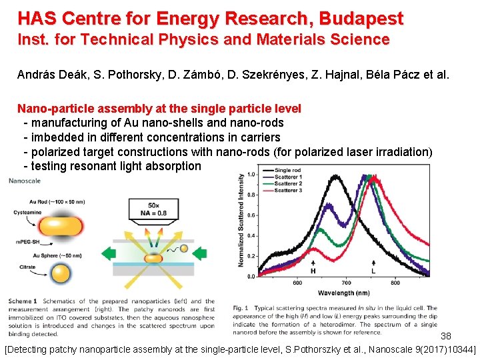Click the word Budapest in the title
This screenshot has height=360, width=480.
(x=361, y=18)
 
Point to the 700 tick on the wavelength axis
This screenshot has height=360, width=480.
(x=346, y=283)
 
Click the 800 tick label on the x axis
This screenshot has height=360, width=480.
(x=395, y=283)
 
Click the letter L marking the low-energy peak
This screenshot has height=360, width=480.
(x=373, y=271)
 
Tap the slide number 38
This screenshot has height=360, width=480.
(x=446, y=335)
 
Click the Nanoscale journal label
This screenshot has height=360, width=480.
(x=23, y=180)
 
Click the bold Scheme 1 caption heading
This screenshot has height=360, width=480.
(x=23, y=301)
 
